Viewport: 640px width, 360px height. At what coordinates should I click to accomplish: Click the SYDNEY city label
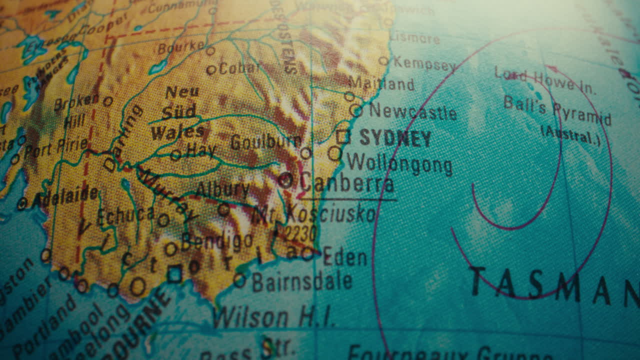395,138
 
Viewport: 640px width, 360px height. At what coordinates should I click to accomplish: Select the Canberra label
346,183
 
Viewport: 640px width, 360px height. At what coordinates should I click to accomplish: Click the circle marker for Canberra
285,180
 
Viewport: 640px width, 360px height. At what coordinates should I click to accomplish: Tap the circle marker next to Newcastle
356,110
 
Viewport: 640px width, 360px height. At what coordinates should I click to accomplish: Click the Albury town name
222,190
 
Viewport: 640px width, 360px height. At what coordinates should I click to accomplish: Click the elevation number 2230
298,233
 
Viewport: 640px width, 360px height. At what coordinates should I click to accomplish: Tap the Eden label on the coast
345,257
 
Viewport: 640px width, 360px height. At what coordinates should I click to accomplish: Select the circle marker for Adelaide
22,203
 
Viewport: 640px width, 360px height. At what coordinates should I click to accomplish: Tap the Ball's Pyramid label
557,110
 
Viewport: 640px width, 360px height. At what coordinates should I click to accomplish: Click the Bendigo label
217,241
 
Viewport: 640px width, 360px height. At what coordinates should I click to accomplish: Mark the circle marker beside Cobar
212,70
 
